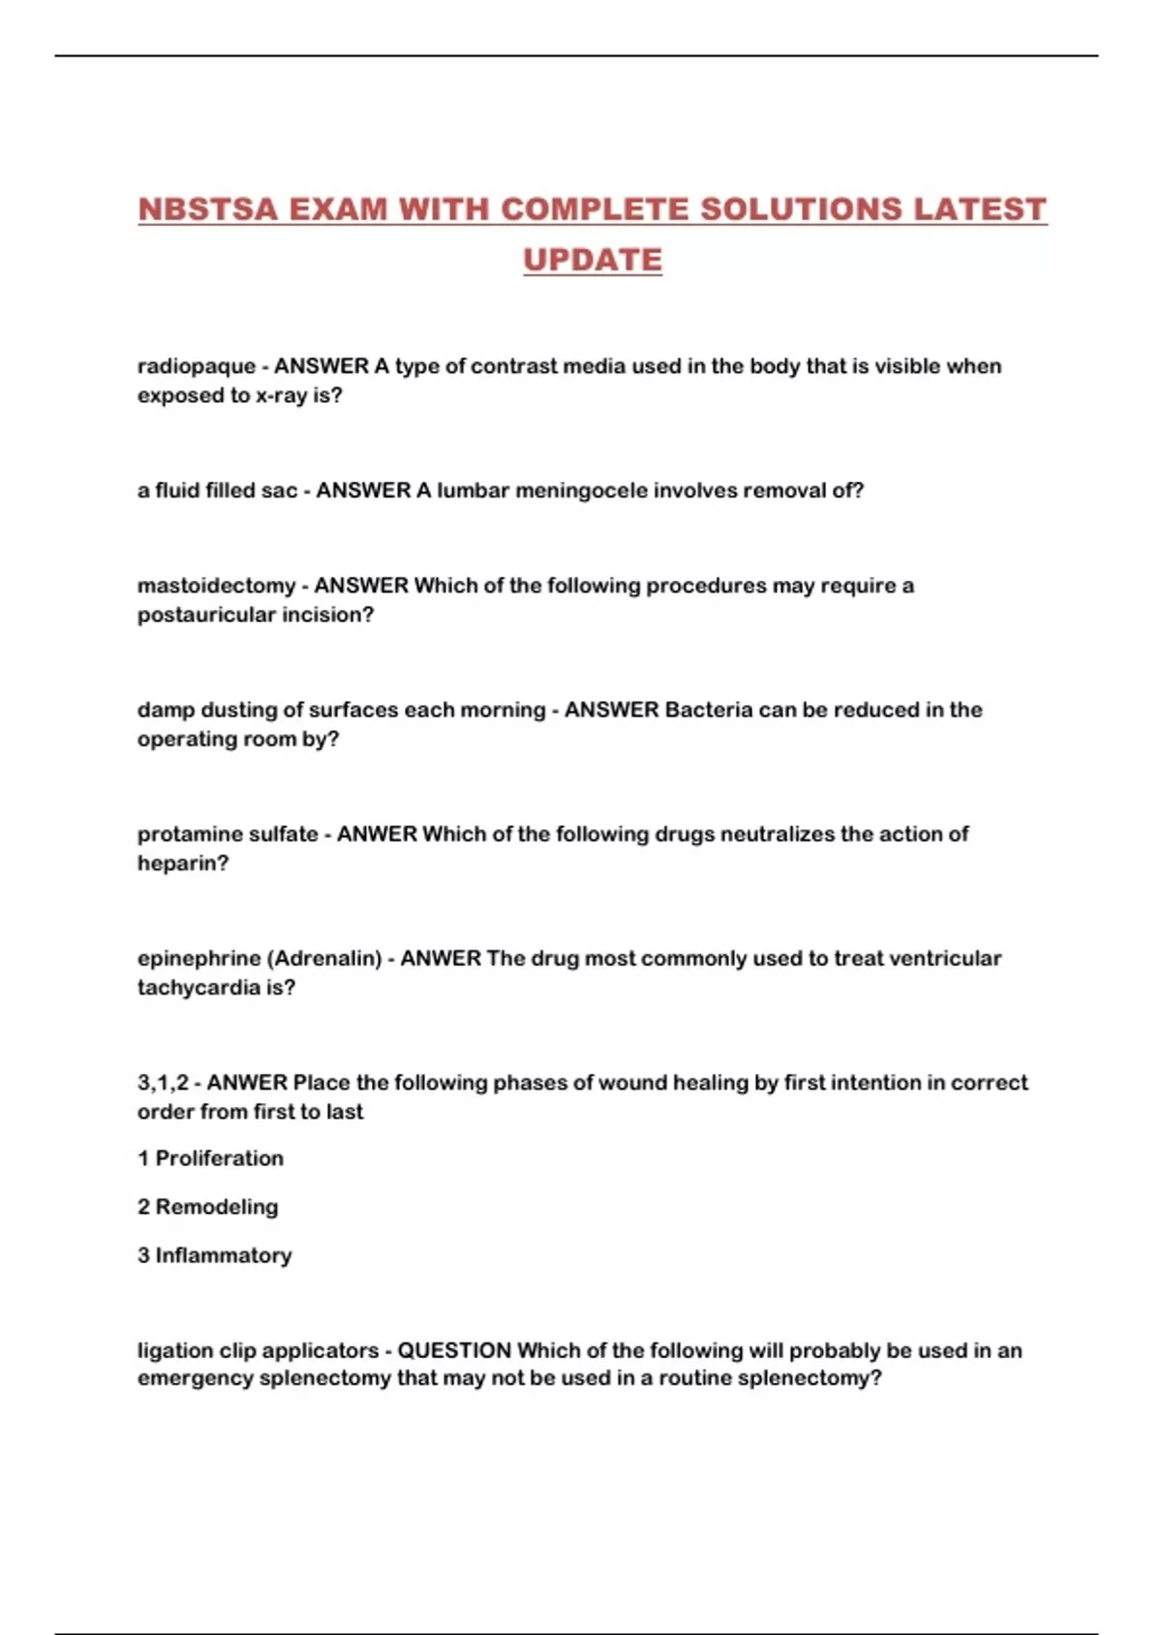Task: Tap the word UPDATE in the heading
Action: [592, 260]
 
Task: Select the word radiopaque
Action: [196, 366]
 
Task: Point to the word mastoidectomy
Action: [216, 586]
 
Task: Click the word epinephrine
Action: [199, 959]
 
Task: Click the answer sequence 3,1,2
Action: [163, 1083]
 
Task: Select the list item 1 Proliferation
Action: [211, 1159]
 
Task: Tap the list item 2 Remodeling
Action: [208, 1207]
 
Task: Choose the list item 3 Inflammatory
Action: [214, 1255]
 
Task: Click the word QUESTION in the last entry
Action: [454, 1350]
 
